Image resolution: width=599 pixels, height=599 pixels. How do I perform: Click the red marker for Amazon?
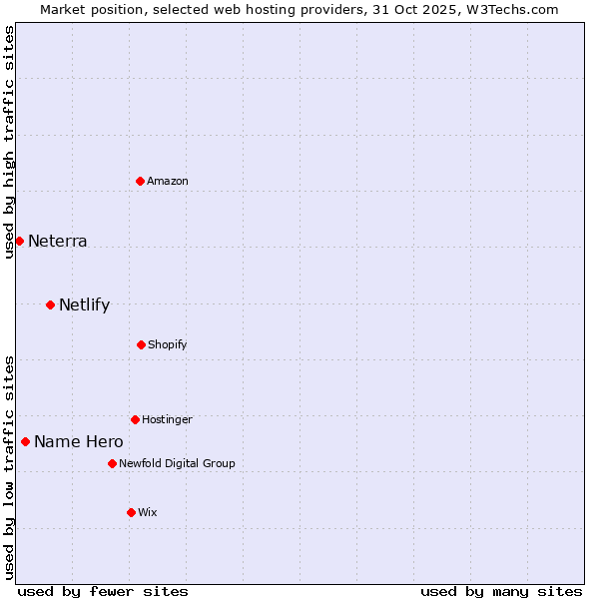coord(141,181)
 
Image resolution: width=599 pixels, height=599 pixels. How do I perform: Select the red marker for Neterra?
coord(19,241)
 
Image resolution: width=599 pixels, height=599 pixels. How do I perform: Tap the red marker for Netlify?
coord(50,304)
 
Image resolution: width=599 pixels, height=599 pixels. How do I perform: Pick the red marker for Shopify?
coord(141,344)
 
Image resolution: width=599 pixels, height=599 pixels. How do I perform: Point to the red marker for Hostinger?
coord(135,419)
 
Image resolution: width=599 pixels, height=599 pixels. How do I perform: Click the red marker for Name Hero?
coord(25,441)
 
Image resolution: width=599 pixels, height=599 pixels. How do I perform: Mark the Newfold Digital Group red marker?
coord(112,463)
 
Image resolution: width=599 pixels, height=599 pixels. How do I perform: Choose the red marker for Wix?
coord(131,512)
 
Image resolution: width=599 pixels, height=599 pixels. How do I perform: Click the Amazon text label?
coord(168,181)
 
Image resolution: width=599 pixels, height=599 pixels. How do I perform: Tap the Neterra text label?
coord(58,241)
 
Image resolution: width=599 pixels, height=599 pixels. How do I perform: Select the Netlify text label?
coord(85,304)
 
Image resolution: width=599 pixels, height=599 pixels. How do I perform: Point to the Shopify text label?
coord(168,344)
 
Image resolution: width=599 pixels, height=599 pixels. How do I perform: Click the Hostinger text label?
coord(167,419)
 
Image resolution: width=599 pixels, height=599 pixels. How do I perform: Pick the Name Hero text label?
coord(79,441)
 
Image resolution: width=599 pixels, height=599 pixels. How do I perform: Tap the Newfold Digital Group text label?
coord(178,463)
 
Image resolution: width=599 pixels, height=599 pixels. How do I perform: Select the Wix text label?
coord(148,512)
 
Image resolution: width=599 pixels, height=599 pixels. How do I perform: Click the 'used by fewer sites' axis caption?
coord(103,591)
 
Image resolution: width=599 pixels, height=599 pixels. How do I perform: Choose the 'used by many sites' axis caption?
coord(501,591)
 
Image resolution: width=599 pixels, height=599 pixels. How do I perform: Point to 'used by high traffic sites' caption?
coord(9,142)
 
